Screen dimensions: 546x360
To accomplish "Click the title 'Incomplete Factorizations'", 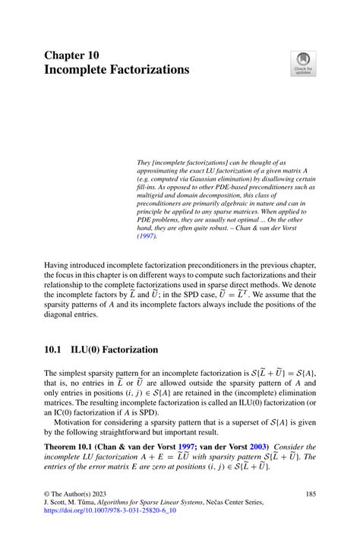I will tap(117, 70).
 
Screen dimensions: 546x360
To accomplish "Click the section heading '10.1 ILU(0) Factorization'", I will tap(102, 350).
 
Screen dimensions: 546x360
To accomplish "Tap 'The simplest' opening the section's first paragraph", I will tap(72, 373).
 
